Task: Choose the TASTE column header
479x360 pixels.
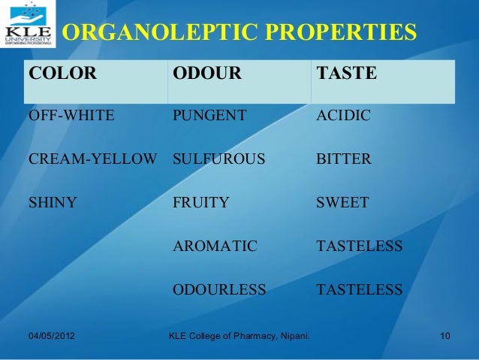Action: coord(348,75)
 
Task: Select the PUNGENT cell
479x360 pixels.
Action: coord(209,116)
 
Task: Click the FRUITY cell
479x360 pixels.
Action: coord(202,202)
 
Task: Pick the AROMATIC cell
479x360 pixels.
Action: coord(215,246)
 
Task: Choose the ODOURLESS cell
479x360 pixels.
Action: coord(219,289)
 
